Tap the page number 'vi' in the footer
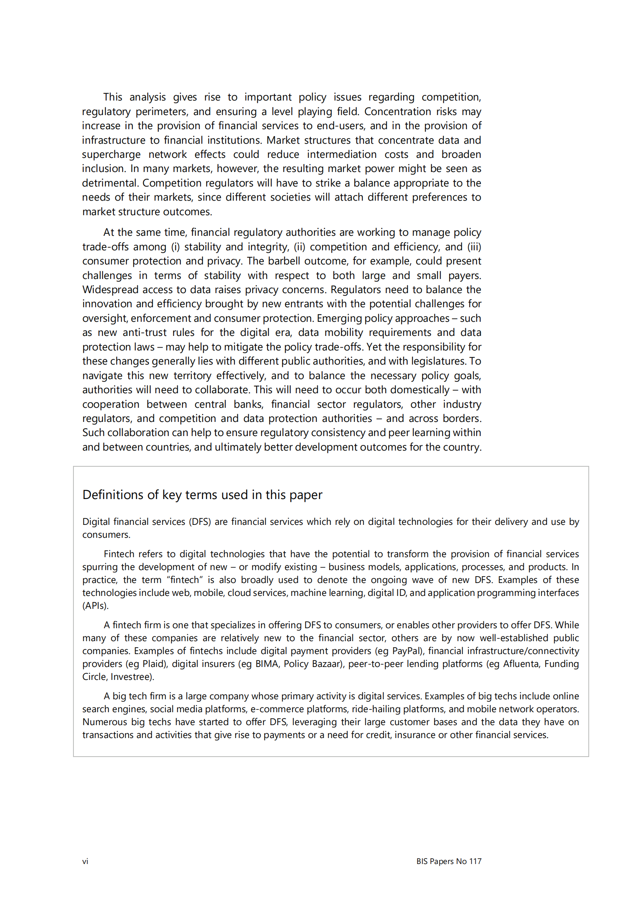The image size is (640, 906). tap(85, 861)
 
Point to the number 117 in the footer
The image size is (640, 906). tap(475, 861)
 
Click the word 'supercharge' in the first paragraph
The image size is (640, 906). tap(111, 155)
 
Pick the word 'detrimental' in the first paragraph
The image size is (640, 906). tap(110, 183)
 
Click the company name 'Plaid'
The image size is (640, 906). tap(154, 664)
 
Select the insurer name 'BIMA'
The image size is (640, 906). tap(267, 664)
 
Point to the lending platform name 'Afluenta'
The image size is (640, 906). tap(521, 664)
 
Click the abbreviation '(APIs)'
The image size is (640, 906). tap(95, 606)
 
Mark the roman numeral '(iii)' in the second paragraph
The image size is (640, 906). tap(474, 247)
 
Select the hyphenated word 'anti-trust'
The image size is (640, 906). tap(144, 333)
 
